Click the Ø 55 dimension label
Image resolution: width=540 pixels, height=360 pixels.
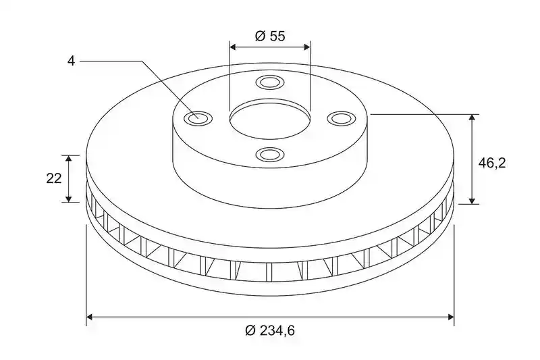[270, 36]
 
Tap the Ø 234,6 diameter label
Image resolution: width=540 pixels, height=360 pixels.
[270, 330]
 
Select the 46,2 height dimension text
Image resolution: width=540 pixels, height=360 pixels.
[492, 163]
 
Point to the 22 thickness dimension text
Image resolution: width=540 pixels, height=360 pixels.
[54, 178]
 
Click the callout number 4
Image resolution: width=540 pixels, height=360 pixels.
[71, 61]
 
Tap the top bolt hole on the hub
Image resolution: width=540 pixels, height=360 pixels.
[270, 82]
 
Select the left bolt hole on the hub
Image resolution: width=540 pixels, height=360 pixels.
[198, 118]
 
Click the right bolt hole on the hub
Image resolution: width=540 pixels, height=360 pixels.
[341, 118]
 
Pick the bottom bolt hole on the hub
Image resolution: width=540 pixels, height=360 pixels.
[270, 154]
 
